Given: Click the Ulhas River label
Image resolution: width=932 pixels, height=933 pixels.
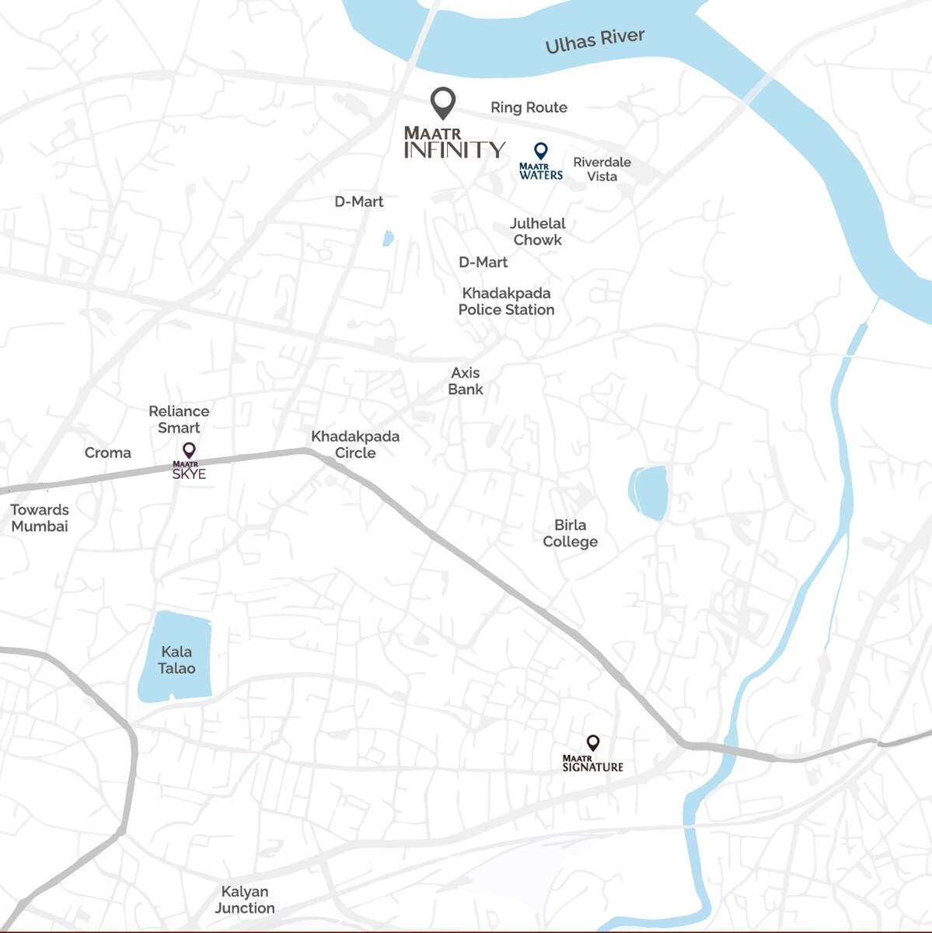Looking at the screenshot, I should coord(595,40).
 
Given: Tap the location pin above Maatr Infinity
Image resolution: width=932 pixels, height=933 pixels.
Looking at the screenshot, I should coord(443,102).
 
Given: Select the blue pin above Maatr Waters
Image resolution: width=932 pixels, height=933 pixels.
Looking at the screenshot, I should coord(540,150).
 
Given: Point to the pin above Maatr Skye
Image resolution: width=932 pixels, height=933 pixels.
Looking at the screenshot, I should coord(189,450).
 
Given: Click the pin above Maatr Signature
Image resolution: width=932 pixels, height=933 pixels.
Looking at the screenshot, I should coord(593,743).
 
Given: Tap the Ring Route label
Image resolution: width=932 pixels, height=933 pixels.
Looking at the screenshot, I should coord(529,107).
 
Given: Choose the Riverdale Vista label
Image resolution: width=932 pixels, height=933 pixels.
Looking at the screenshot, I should coord(602,169).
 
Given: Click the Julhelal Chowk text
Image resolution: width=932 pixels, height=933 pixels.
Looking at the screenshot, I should coord(537,232).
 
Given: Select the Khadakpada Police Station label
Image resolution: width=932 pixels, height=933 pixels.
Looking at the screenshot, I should coord(506,302).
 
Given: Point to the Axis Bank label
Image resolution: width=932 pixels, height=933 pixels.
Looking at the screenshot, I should coord(465,381).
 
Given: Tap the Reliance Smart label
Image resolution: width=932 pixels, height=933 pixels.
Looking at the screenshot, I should coord(179,419).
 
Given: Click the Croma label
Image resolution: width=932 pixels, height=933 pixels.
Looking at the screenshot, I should coord(107,453).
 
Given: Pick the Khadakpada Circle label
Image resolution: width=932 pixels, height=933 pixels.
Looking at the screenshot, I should coord(355,445).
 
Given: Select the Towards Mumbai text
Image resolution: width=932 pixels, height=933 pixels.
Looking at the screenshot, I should coord(40,518).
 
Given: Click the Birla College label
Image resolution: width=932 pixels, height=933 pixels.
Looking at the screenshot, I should coord(570,533).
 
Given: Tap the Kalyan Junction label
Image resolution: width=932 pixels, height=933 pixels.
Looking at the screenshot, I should coord(245,900).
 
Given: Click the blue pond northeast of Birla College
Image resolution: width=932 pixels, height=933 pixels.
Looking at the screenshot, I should coord(648,492).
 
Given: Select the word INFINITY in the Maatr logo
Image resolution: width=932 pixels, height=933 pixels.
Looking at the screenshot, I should coord(455,150).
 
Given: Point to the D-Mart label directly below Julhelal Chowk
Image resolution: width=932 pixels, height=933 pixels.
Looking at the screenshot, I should coord(483,263).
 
